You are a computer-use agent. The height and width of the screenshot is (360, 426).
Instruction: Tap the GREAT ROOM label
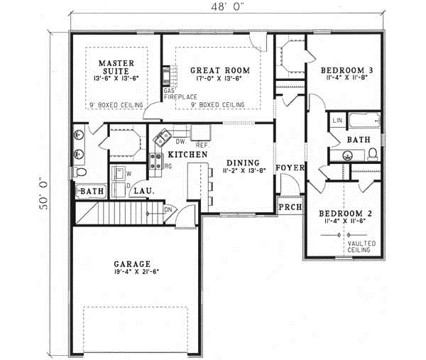click(x=219, y=71)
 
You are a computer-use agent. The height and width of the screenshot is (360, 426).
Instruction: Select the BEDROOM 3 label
click(x=346, y=70)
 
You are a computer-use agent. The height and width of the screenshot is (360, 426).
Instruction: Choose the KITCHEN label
click(x=187, y=154)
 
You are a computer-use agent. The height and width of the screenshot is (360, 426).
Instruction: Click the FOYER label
click(x=291, y=168)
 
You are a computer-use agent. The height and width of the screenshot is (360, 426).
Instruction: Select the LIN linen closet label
click(x=337, y=121)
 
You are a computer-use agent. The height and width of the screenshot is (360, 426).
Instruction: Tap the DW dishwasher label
click(x=180, y=141)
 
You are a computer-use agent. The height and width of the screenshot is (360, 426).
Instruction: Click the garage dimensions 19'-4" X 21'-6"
click(x=135, y=272)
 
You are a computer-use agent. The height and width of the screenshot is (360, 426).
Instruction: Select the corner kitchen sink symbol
click(x=163, y=137)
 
